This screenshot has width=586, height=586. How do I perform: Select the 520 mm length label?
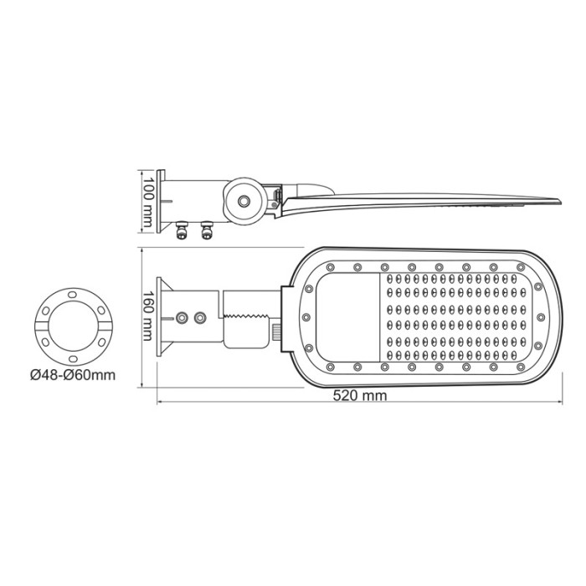(x=362, y=396)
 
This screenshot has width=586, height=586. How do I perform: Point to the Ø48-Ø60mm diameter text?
(x=73, y=373)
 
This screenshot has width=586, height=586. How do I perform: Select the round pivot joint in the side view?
(x=243, y=201)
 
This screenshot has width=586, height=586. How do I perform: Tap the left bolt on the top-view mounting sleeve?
(x=181, y=318)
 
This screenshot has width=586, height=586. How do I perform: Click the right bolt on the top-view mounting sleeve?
(x=199, y=318)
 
